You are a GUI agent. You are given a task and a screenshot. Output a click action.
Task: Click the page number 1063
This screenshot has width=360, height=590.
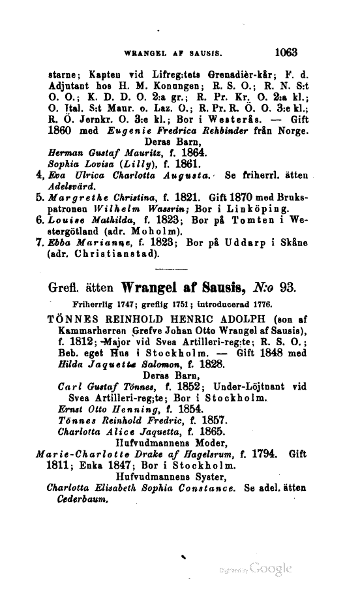pyautogui.click(x=286, y=49)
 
